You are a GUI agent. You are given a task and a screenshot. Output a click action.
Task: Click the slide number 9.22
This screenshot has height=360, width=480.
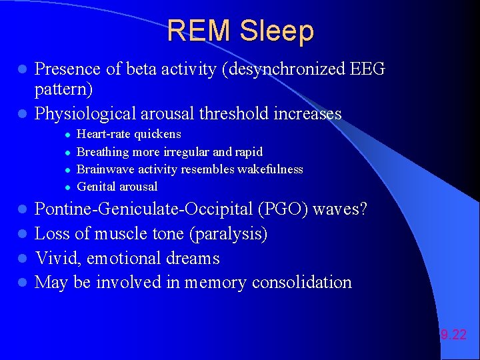(453, 335)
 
